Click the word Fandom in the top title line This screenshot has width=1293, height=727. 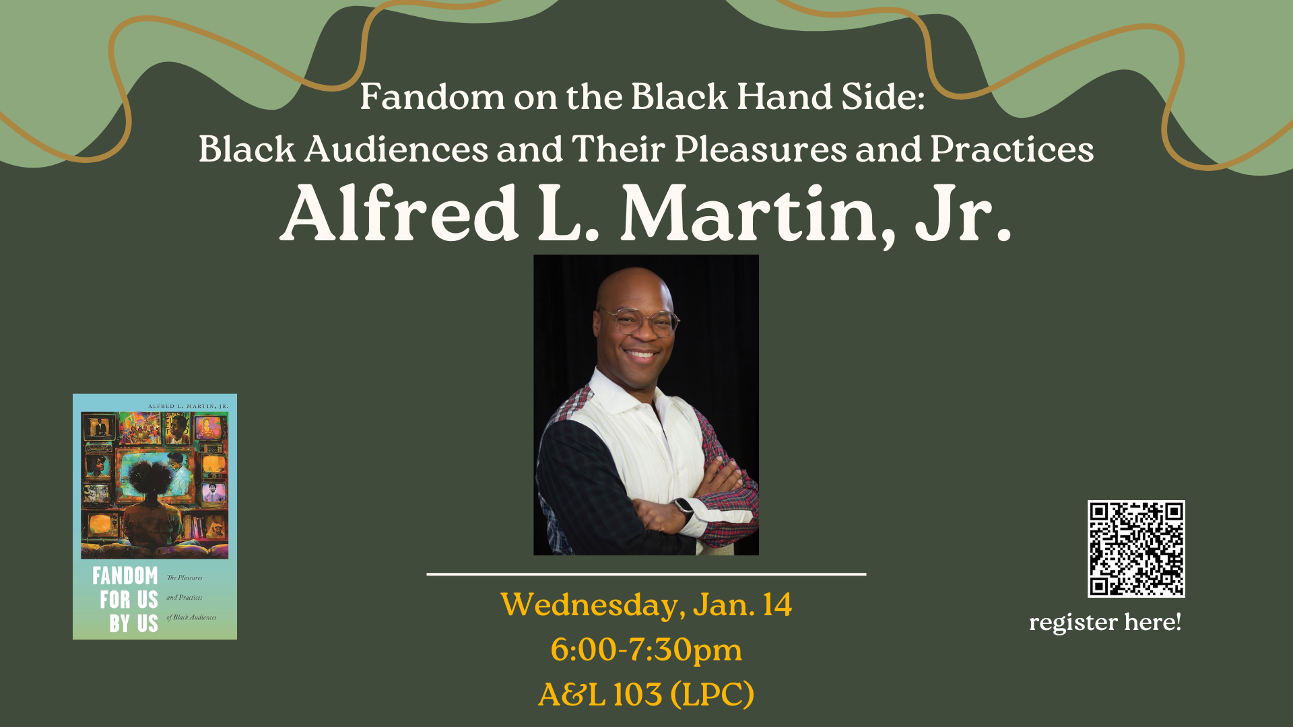coord(432,97)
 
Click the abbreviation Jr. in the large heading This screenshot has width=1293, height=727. coord(963,215)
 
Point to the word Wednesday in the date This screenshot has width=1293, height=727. coord(593,604)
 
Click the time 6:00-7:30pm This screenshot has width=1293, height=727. coord(646,650)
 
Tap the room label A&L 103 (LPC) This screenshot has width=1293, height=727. coord(646,695)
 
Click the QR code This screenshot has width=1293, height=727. coord(1136,549)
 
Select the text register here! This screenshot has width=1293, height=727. coord(1104,622)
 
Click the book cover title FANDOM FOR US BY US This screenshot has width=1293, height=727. coord(127,600)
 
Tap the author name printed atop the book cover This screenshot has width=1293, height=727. coord(188,407)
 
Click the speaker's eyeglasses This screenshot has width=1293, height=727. coord(638,321)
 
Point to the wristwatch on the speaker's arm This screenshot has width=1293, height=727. coord(684,506)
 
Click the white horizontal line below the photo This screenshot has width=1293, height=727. coord(646,574)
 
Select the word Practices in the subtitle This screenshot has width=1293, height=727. coord(1012,149)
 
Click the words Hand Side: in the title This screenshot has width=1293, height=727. coord(830,97)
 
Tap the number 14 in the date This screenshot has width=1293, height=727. coord(777,604)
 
